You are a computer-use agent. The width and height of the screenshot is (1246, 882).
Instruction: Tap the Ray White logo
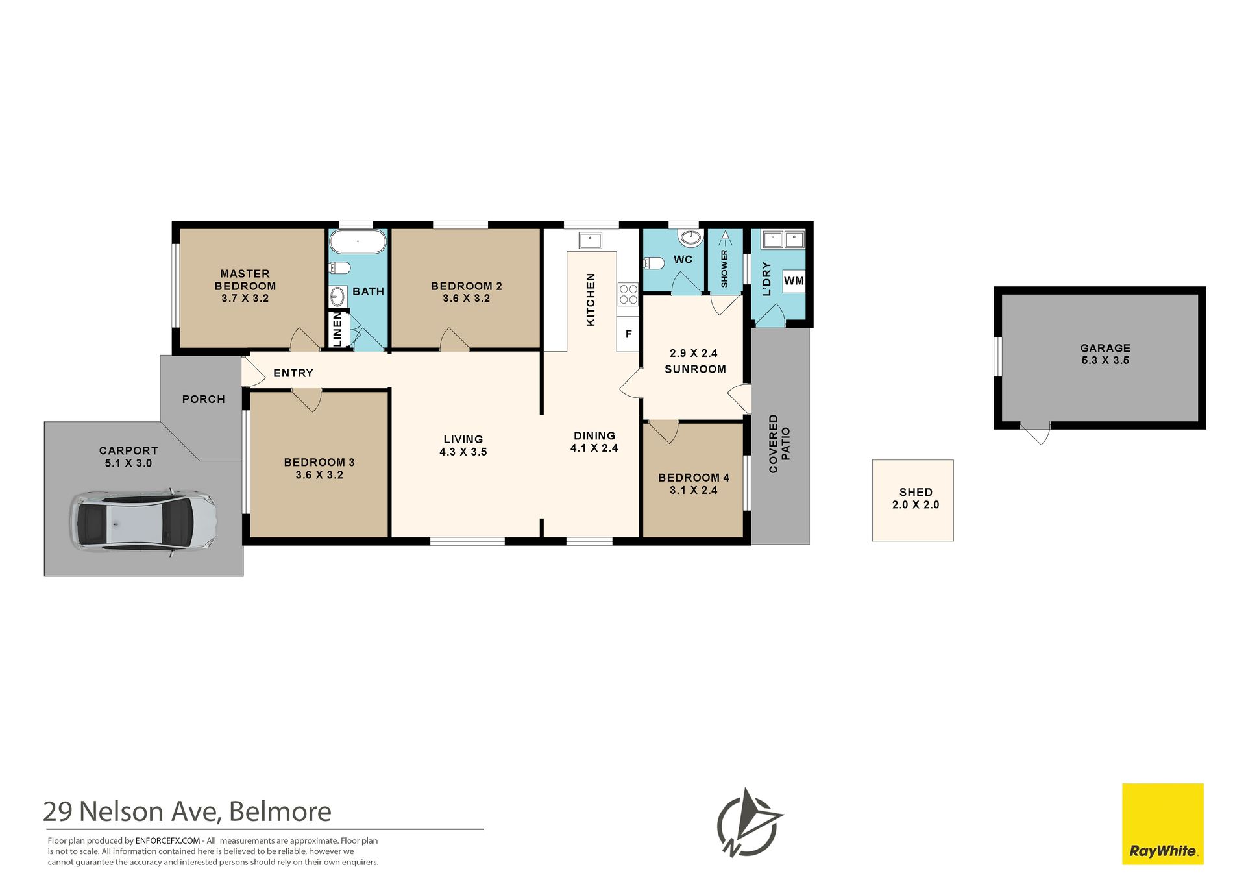click(x=1163, y=824)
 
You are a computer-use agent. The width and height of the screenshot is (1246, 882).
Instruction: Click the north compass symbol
click(x=749, y=823)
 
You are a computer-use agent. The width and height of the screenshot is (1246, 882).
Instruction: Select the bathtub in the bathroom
click(x=358, y=241)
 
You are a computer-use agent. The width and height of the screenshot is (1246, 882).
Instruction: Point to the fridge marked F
click(x=628, y=334)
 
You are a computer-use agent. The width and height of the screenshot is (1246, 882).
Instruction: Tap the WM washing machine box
click(x=794, y=281)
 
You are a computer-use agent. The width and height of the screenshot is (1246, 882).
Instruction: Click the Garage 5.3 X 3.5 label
click(x=1105, y=354)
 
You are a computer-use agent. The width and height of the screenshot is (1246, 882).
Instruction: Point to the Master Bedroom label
click(x=245, y=286)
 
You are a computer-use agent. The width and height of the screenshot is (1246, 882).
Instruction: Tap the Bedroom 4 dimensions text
click(x=694, y=491)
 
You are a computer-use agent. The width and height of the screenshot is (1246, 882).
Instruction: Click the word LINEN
click(x=337, y=329)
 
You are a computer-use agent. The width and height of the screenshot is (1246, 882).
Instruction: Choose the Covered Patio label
click(x=779, y=444)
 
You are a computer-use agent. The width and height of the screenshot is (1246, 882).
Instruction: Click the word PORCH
click(x=204, y=399)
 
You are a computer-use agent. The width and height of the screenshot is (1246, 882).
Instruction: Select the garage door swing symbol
click(x=1035, y=433)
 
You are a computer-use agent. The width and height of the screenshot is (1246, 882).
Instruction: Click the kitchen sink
click(x=590, y=240)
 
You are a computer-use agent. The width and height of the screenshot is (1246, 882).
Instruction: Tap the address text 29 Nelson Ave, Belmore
click(x=187, y=812)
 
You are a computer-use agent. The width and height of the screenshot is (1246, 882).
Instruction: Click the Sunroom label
click(x=695, y=369)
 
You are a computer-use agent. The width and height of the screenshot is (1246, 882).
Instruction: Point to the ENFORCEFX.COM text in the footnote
click(x=167, y=840)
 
